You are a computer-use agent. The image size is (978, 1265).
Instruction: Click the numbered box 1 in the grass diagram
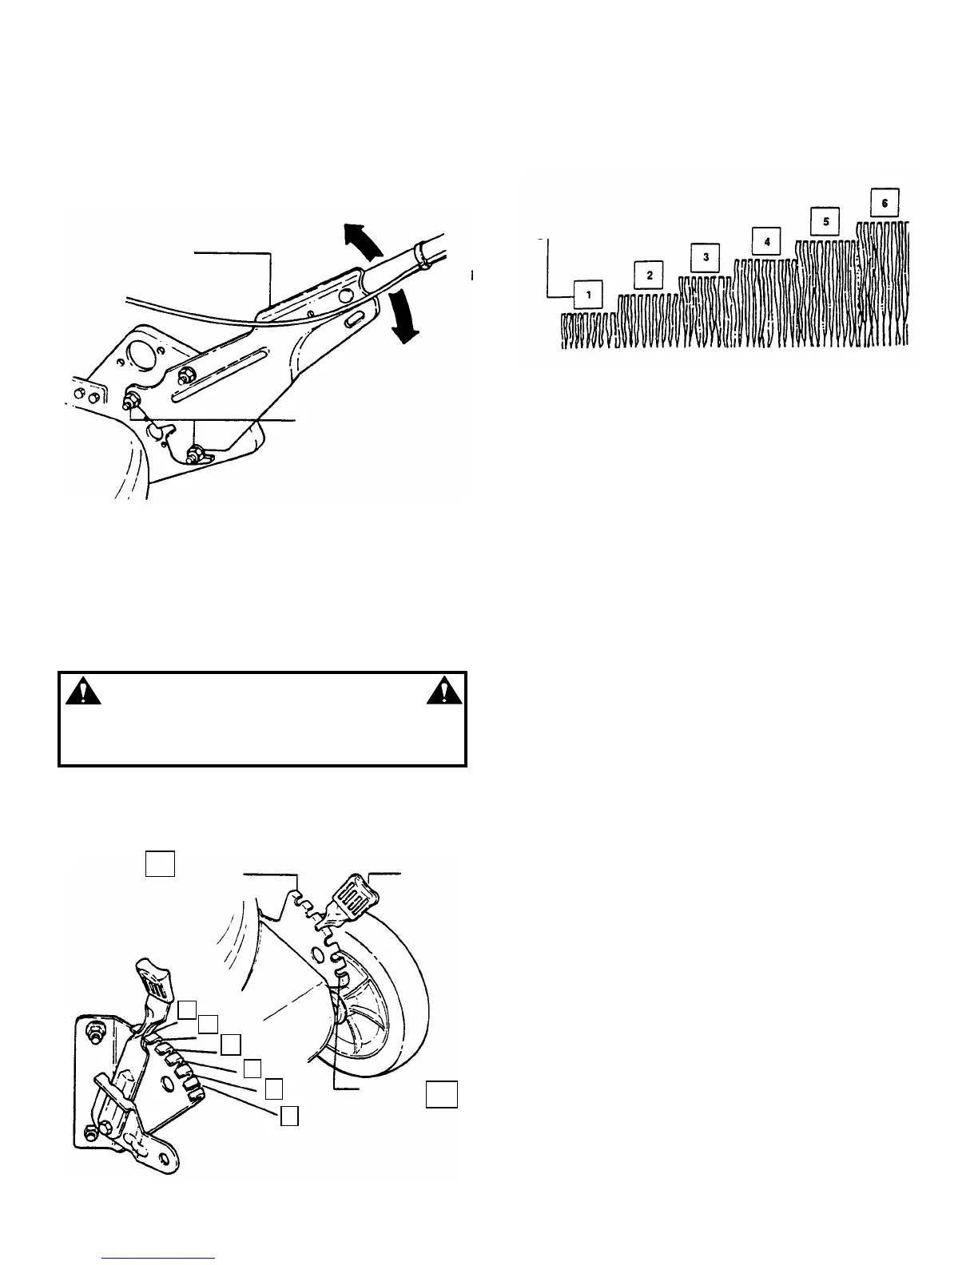coord(589,295)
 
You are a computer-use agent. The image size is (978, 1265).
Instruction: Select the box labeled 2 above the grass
coord(649,276)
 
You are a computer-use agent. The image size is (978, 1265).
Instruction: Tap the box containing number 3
coord(706,258)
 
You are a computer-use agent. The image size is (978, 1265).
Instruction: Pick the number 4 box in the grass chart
coord(766,241)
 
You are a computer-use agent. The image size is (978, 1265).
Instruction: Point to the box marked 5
coord(825,221)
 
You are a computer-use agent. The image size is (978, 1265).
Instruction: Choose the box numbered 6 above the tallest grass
coord(885,202)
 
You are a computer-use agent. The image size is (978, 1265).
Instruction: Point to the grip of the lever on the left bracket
coord(157,978)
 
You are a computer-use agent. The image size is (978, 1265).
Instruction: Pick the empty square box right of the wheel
coord(441,1094)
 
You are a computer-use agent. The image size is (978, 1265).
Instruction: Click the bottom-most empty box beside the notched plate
coord(289,1116)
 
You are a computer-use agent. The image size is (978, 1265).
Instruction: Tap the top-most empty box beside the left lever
coord(187,1009)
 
